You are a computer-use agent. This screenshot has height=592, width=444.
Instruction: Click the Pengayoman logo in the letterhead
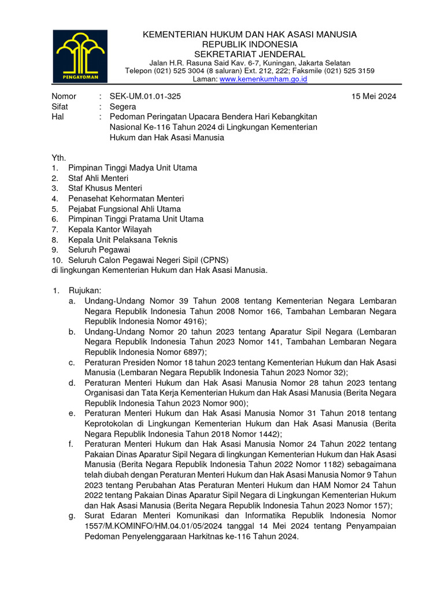coord(75,56)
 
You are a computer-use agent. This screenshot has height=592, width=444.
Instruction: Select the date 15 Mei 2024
coord(374,97)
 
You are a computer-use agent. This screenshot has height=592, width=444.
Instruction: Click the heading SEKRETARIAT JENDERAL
coord(250,54)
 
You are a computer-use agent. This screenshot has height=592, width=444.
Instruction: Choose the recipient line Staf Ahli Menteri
coord(98,178)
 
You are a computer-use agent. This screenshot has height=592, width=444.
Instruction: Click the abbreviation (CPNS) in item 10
coord(208,260)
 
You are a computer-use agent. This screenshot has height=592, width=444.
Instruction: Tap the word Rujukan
coord(84,291)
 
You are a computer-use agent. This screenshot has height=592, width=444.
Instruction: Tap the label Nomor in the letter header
coord(64,97)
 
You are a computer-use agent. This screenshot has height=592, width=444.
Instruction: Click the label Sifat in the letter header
coord(61,107)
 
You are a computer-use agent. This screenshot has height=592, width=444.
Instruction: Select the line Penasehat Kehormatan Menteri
coord(126,198)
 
